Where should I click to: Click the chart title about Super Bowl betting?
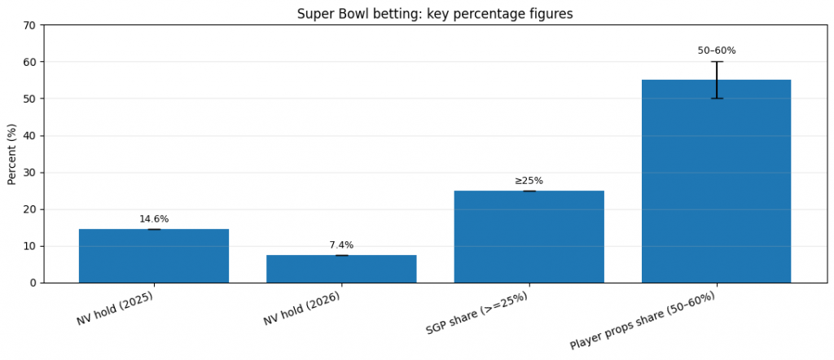436,14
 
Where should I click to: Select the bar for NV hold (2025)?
154,256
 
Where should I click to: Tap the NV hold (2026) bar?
341,269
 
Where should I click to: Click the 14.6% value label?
154,219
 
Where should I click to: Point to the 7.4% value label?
341,245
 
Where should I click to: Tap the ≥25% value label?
529,181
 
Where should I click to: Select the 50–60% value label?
716,50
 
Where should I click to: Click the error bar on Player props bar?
717,80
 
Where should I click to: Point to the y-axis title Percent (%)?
12,154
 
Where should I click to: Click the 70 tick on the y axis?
30,25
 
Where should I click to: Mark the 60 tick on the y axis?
30,62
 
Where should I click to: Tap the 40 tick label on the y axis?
30,136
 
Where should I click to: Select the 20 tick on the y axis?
30,209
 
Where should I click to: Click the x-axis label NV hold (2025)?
116,309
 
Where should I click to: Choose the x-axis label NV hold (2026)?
302,309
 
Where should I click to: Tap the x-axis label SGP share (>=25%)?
477,314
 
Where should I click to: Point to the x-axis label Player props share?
643,320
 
